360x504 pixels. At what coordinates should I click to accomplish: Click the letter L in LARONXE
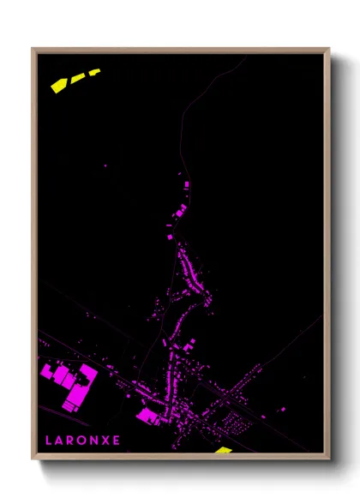48,441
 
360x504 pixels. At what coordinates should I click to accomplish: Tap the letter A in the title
59,441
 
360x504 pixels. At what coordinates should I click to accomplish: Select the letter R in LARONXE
71,441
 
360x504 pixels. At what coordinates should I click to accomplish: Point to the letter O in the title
82,441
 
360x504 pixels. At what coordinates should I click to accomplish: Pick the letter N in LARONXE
94,441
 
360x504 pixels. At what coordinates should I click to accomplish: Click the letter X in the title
105,441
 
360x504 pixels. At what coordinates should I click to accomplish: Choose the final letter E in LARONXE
117,441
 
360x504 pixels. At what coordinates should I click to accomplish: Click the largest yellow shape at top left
60,85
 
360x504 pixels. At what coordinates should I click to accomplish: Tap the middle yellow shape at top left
78,78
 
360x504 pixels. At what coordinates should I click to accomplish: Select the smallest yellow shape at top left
93,72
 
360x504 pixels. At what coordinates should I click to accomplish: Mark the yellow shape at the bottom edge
223,449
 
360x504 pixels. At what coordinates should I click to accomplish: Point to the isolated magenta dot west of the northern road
105,165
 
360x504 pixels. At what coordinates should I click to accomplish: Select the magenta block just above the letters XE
147,417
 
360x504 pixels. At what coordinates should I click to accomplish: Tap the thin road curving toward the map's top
183,129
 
